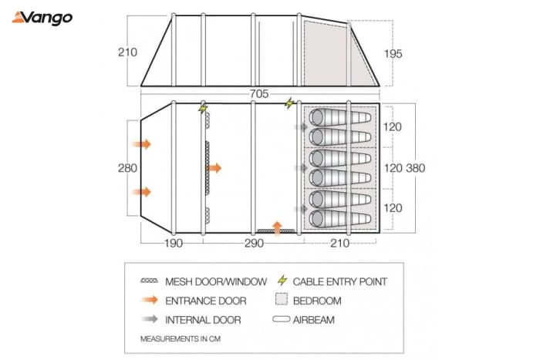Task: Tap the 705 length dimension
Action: click(x=258, y=94)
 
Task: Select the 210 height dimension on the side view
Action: click(x=127, y=53)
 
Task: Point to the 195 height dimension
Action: click(x=392, y=54)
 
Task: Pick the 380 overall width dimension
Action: click(x=414, y=168)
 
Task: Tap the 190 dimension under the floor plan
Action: click(x=173, y=244)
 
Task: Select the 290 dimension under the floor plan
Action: click(x=253, y=244)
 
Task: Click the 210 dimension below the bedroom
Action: click(x=340, y=244)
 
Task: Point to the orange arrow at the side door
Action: click(x=278, y=226)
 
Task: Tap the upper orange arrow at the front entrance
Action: click(x=142, y=144)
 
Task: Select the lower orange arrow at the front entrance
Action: click(x=142, y=192)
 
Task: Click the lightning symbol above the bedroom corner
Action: click(x=289, y=103)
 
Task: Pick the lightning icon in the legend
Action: click(x=282, y=281)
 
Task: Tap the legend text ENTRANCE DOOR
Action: click(x=205, y=301)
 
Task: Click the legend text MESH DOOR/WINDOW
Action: click(x=216, y=281)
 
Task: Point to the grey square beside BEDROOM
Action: click(x=281, y=301)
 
